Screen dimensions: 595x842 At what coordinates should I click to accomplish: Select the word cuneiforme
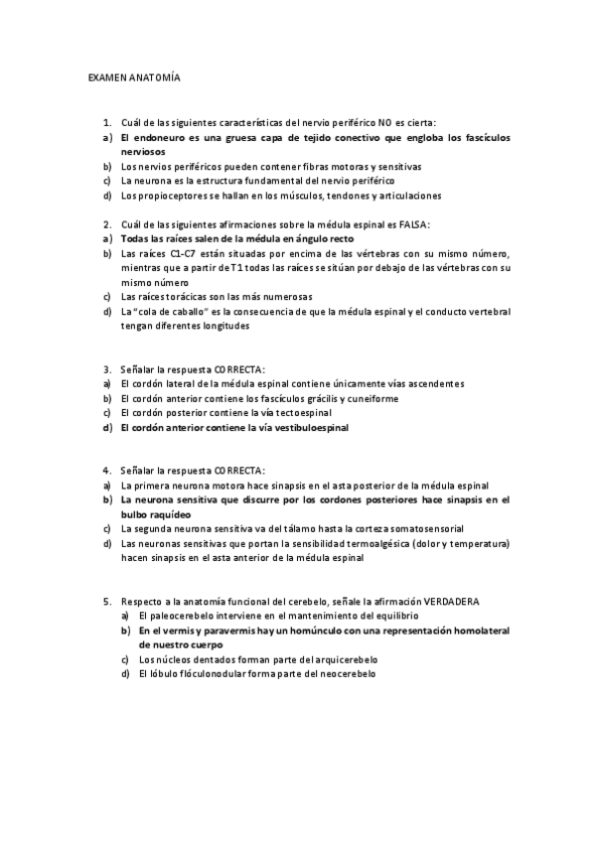(x=372, y=398)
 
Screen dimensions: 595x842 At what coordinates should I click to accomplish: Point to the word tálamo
(x=291, y=529)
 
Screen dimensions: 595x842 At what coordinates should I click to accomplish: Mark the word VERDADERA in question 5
(x=452, y=602)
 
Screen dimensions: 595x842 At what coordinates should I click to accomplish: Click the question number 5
(x=106, y=602)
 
